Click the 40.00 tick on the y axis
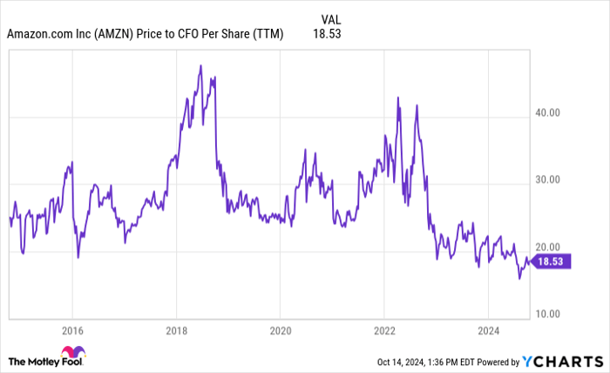click(x=547, y=112)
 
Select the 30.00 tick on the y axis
click(x=547, y=180)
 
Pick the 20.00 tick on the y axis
click(x=547, y=247)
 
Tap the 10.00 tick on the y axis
click(x=547, y=314)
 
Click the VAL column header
click(x=331, y=17)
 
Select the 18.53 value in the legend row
click(x=330, y=35)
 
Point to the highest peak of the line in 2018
click(x=200, y=65)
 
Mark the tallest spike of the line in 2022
click(x=397, y=97)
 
